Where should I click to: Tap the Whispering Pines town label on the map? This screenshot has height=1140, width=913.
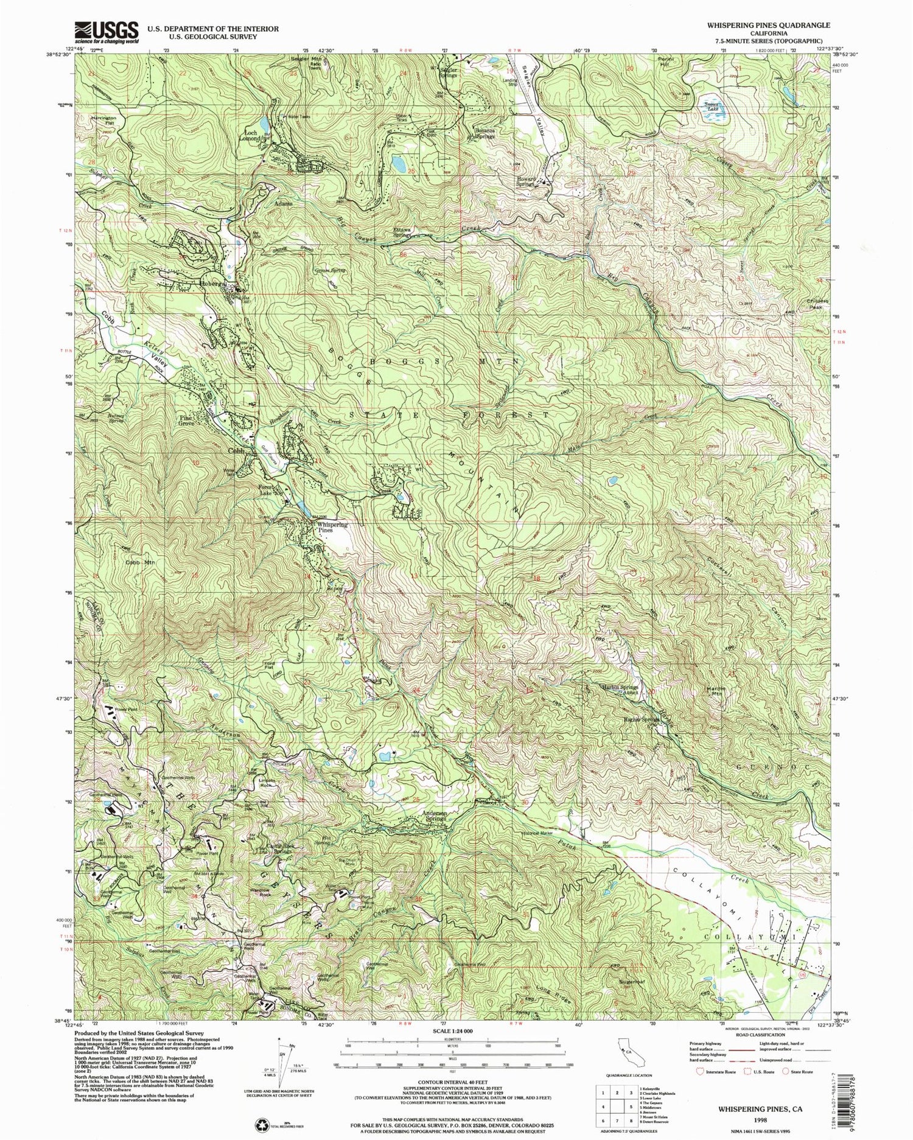[332, 527]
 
